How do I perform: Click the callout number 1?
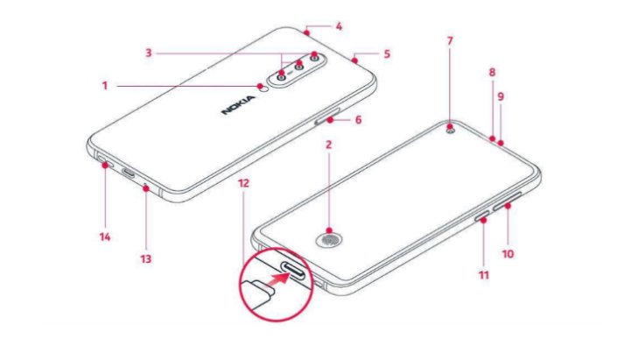104,86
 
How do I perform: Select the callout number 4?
340,25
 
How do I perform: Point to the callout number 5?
387,53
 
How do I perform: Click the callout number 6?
357,119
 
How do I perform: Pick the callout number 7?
450,40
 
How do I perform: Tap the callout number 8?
492,73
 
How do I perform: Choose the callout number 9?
501,96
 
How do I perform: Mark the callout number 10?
508,255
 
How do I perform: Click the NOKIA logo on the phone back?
239,106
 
